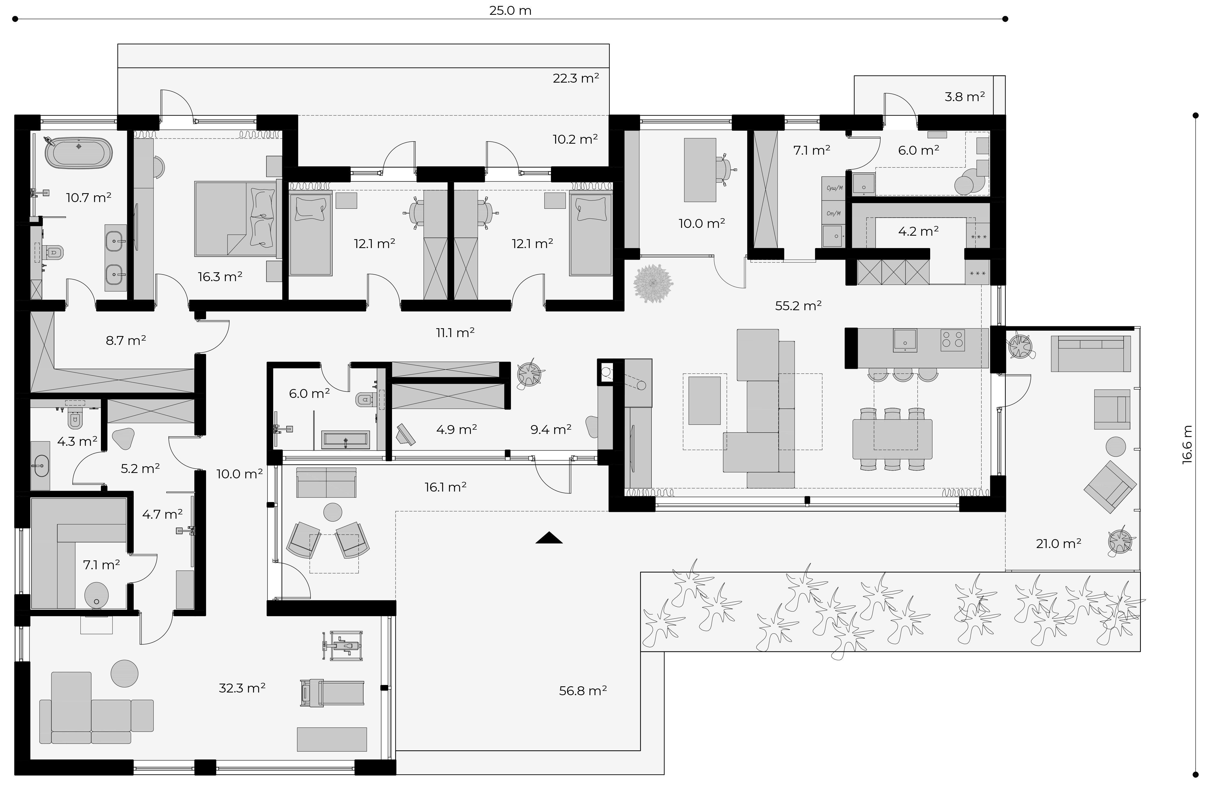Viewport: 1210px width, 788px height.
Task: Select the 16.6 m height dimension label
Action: click(1187, 444)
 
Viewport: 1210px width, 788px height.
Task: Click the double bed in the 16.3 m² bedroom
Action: click(235, 219)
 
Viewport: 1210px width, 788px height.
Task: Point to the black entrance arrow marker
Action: click(549, 537)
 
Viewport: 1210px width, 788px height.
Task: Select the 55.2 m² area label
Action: click(798, 306)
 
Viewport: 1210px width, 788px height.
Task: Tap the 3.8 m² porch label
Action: click(964, 97)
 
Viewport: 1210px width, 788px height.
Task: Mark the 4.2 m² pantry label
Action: click(918, 231)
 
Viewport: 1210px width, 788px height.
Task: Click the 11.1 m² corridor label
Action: click(455, 333)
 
